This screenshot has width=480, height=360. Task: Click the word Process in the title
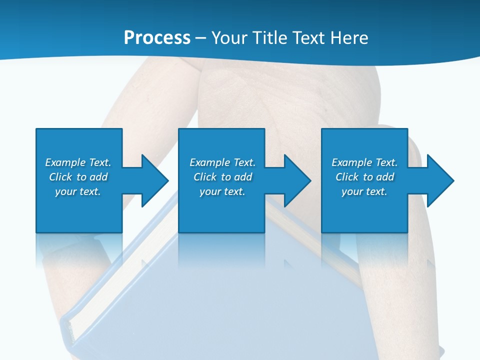[157, 38]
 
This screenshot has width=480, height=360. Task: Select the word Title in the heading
[270, 38]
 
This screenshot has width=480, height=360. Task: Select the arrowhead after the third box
[439, 180]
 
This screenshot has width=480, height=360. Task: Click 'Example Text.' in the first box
[78, 162]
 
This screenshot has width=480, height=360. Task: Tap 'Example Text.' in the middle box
[222, 162]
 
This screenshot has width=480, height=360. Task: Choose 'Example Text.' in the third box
[364, 162]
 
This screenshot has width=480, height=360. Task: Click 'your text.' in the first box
[78, 191]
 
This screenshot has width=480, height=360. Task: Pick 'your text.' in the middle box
[222, 191]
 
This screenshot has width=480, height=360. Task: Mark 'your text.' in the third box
[364, 191]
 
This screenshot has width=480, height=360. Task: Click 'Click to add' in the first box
[78, 177]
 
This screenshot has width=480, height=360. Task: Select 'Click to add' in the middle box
[222, 177]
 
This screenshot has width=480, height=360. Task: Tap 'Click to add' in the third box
[364, 177]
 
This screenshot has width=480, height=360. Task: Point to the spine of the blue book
[67, 330]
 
